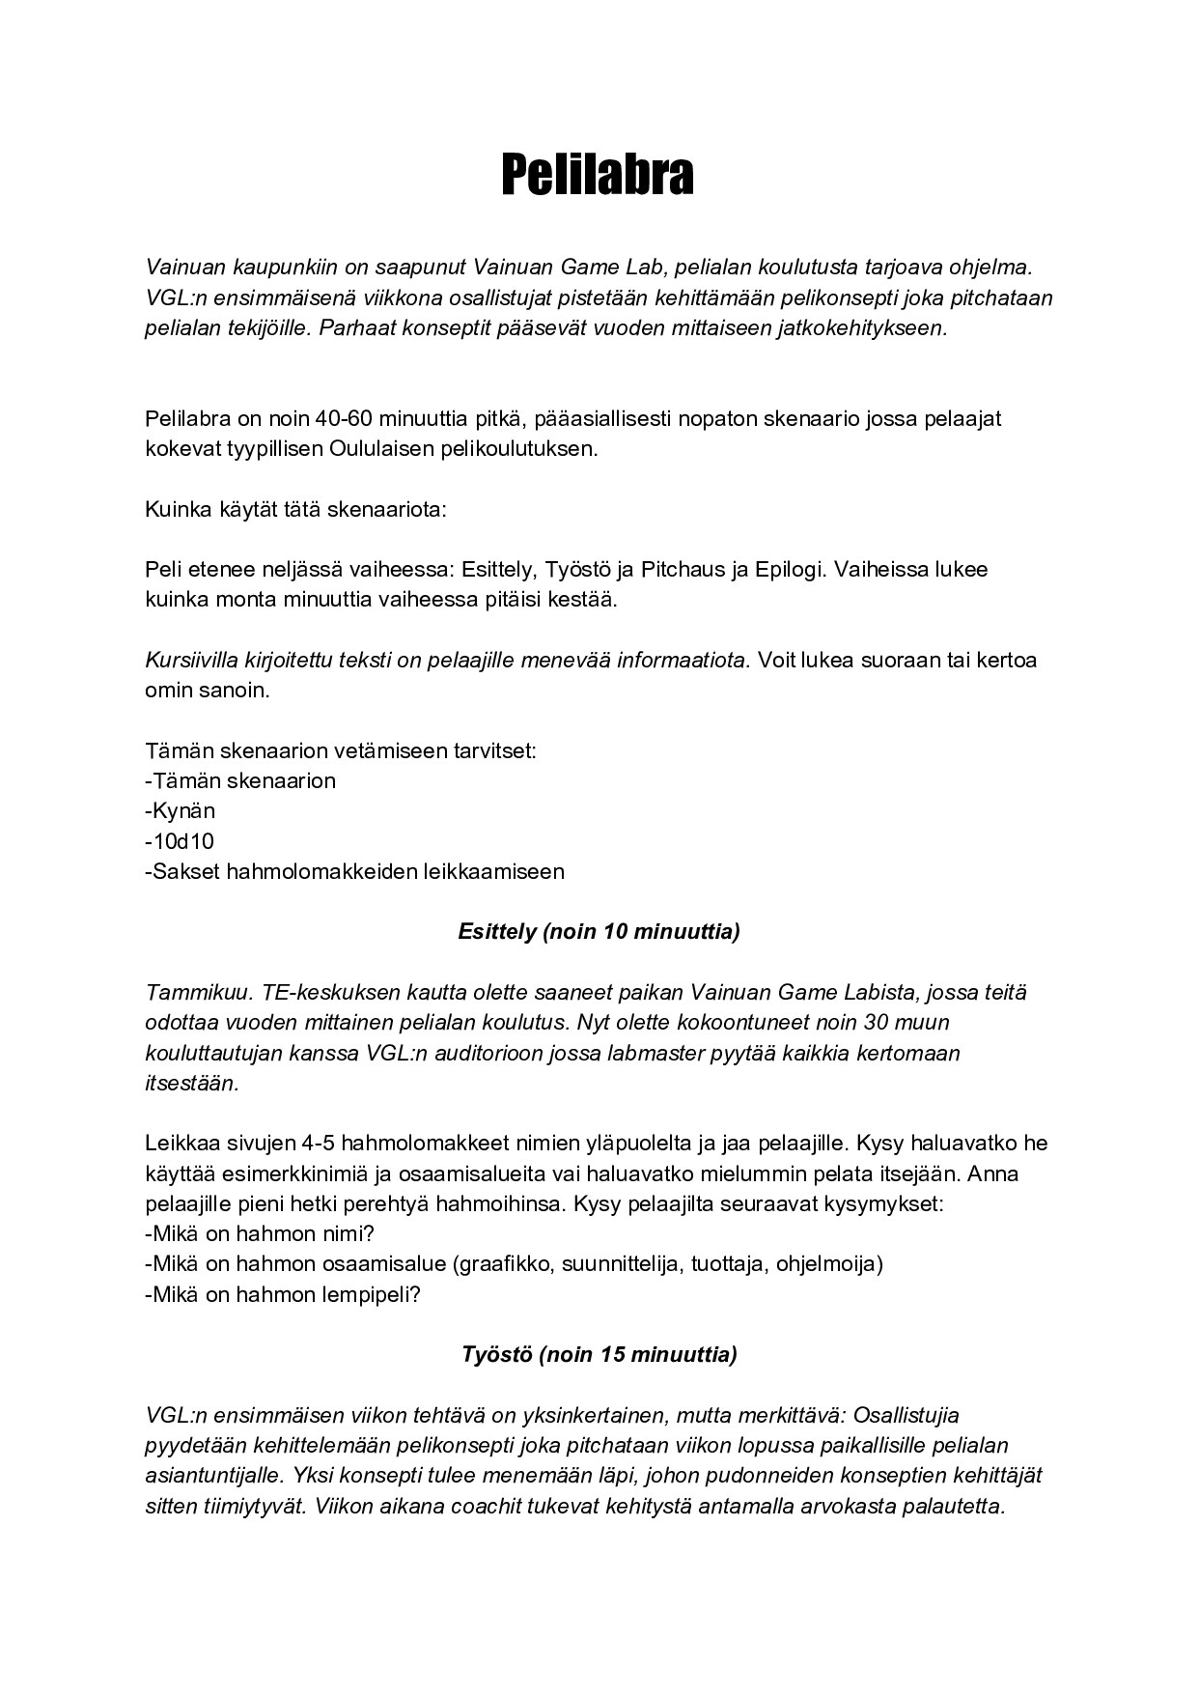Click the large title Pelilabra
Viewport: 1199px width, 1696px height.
(598, 175)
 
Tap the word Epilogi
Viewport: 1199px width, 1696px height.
(789, 569)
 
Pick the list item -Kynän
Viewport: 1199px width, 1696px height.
(181, 810)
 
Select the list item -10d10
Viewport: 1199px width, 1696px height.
(180, 841)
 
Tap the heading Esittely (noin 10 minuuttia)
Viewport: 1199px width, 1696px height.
(599, 932)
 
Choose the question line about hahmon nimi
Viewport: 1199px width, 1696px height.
(260, 1233)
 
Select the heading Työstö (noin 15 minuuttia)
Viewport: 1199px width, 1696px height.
(599, 1354)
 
